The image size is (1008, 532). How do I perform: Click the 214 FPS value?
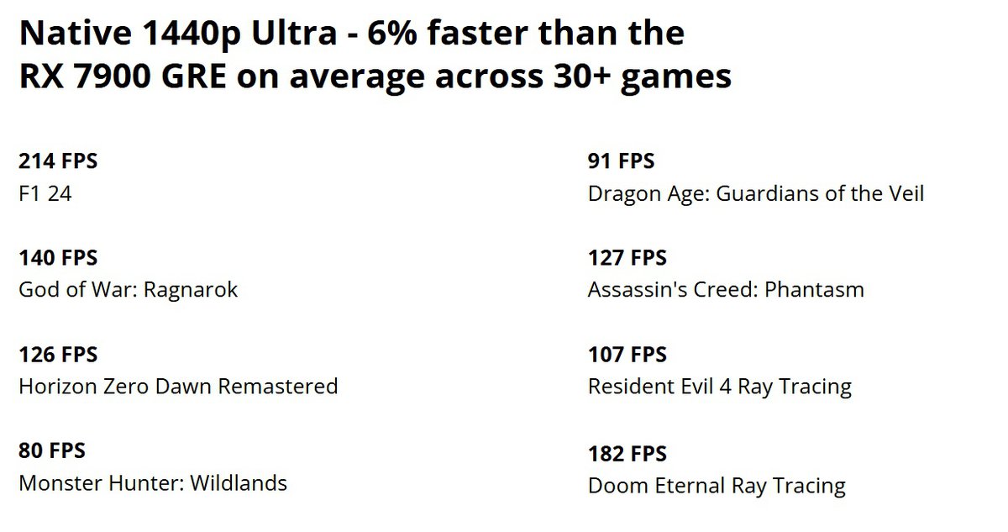[58, 161]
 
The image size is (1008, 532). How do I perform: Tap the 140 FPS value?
[58, 258]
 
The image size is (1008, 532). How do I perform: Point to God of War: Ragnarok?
[129, 290]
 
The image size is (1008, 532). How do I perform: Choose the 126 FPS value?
[58, 355]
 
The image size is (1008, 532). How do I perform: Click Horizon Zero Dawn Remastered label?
[178, 387]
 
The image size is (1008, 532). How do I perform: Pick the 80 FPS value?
[52, 451]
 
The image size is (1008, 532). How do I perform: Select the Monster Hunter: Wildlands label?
[153, 483]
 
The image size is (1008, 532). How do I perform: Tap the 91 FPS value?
[621, 161]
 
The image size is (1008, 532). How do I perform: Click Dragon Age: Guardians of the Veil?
[756, 193]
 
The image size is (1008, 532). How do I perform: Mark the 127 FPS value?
[627, 258]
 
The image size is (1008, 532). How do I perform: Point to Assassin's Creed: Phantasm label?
[726, 290]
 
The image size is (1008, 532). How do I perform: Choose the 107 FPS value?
[627, 355]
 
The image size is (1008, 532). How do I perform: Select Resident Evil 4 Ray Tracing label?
[720, 387]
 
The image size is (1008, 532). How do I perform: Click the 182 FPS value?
[627, 454]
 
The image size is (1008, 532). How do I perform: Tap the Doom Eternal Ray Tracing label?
[717, 486]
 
